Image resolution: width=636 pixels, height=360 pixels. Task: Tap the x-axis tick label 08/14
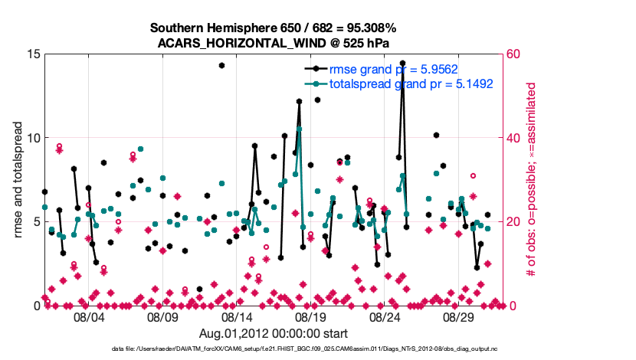[237, 317]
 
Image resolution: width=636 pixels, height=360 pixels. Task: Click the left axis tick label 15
[31, 54]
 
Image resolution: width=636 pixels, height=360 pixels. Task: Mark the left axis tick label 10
[31, 138]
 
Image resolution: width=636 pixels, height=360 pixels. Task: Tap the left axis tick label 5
[34, 222]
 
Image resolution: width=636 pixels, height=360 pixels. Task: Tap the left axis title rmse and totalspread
[18, 180]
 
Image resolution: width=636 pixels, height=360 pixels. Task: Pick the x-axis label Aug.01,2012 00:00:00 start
[274, 333]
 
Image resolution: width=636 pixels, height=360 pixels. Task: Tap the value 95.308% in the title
[370, 28]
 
